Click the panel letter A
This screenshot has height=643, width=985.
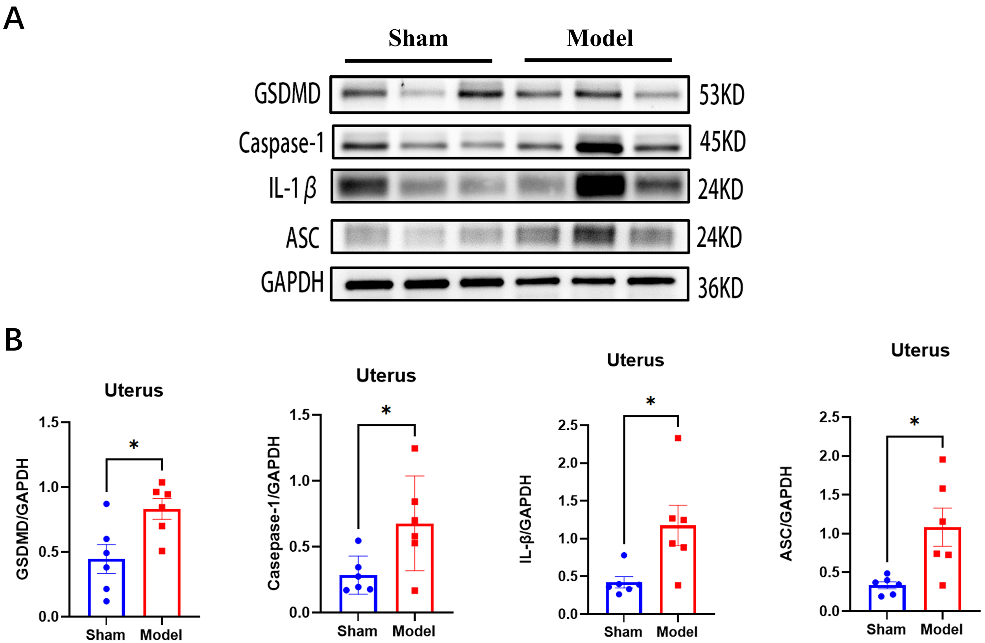pyautogui.click(x=14, y=19)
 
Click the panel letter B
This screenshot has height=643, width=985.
pyautogui.click(x=14, y=340)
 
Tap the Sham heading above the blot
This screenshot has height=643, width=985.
pyautogui.click(x=418, y=39)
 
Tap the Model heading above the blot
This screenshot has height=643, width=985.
pyautogui.click(x=599, y=39)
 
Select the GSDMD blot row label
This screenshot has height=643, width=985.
pyautogui.click(x=287, y=94)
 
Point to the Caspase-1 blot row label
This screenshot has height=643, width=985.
pyautogui.click(x=281, y=143)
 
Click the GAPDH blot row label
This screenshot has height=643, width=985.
pyautogui.click(x=292, y=282)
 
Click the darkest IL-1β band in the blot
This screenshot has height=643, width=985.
pyautogui.click(x=600, y=185)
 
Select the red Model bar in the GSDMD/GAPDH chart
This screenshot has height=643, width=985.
pyautogui.click(x=162, y=563)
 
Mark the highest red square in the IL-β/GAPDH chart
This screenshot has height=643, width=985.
pyautogui.click(x=678, y=438)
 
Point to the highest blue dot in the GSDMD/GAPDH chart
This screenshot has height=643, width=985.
pyautogui.click(x=106, y=504)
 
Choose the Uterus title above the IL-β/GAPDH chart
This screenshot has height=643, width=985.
pyautogui.click(x=635, y=360)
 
